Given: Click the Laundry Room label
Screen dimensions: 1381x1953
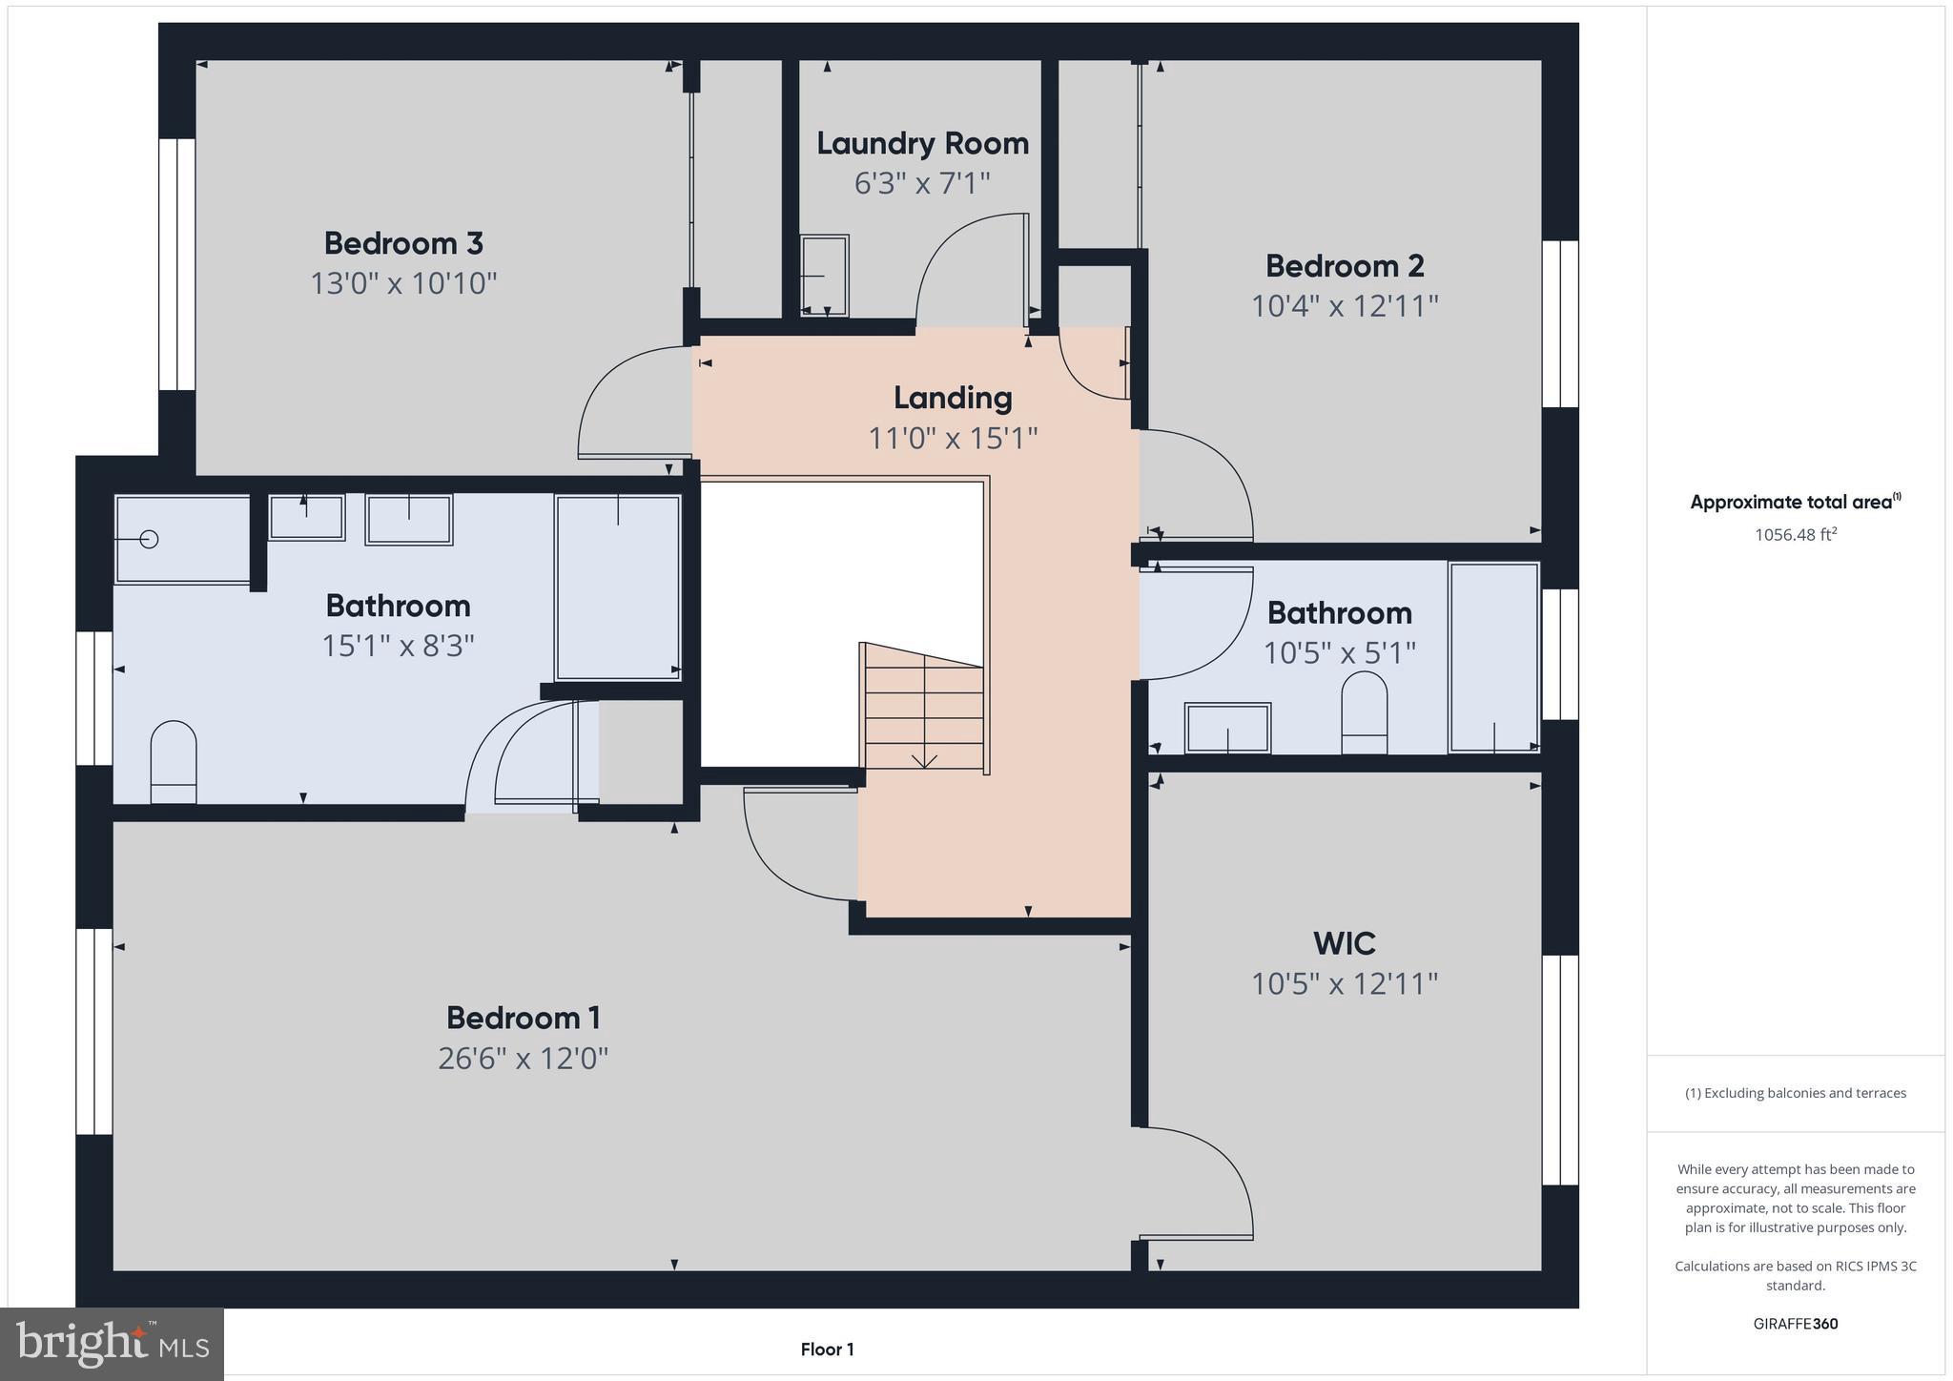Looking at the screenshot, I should (x=922, y=143).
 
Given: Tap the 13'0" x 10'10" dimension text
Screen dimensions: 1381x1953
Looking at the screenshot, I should (x=403, y=283).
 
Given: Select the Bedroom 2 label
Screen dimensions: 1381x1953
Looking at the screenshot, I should (x=1345, y=265).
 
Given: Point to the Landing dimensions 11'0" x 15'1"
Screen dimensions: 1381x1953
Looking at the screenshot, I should (x=952, y=438).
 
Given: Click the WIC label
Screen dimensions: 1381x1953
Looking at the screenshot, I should (x=1345, y=943).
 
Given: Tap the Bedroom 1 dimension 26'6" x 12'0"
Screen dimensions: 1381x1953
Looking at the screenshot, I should (x=523, y=1059).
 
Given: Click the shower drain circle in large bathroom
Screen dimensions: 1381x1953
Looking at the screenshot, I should (x=149, y=539).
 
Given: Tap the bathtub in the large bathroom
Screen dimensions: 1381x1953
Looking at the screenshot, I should (x=618, y=587).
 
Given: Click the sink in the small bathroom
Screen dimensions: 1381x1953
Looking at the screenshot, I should (x=1227, y=728).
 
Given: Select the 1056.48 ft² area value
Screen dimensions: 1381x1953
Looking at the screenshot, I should (x=1795, y=535).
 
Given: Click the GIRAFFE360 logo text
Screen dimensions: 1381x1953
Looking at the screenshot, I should (x=1795, y=1324).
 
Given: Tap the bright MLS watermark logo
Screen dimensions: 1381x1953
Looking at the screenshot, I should (x=113, y=1344).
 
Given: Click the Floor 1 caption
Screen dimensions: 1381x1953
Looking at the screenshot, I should (x=827, y=1350).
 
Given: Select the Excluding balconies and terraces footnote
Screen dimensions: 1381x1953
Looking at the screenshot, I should (x=1795, y=1093).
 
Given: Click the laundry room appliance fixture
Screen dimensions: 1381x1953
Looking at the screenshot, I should (x=824, y=276).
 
